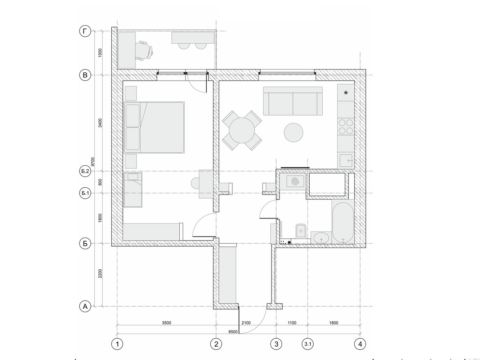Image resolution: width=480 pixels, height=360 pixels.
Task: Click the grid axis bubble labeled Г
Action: pyautogui.click(x=85, y=31)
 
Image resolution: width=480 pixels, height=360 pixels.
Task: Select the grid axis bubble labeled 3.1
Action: pyautogui.click(x=308, y=344)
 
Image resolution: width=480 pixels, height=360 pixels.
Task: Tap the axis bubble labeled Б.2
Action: pyautogui.click(x=85, y=171)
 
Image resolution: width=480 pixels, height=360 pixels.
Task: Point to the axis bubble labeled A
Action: pyautogui.click(x=85, y=306)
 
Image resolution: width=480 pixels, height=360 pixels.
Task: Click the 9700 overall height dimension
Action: pyautogui.click(x=93, y=162)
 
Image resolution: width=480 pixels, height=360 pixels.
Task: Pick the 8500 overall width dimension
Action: pyautogui.click(x=233, y=332)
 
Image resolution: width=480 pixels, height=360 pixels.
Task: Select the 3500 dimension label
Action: pyautogui.click(x=166, y=323)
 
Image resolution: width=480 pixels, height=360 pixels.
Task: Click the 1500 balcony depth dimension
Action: pyautogui.click(x=100, y=53)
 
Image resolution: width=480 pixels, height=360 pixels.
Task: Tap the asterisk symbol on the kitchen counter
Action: pyautogui.click(x=346, y=93)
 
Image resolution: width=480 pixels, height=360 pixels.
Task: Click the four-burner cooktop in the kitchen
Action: pyautogui.click(x=346, y=127)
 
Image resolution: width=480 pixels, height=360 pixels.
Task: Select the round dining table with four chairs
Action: pyautogui.click(x=242, y=130)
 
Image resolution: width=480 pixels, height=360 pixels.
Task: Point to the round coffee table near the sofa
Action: pyautogui.click(x=293, y=132)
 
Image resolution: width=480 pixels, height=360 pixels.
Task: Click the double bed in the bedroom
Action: pyautogui.click(x=154, y=127)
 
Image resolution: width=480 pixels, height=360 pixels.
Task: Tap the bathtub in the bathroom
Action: pyautogui.click(x=343, y=222)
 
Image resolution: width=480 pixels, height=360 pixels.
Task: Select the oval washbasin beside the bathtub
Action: pyautogui.click(x=321, y=238)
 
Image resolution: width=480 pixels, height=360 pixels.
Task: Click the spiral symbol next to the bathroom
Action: pyautogui.click(x=295, y=181)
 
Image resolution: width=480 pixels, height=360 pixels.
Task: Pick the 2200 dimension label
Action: pyautogui.click(x=100, y=274)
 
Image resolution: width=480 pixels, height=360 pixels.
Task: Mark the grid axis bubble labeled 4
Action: pyautogui.click(x=360, y=344)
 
